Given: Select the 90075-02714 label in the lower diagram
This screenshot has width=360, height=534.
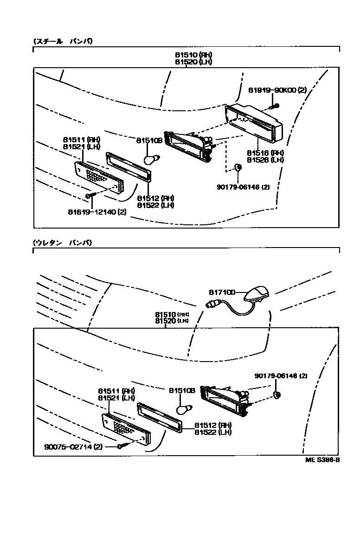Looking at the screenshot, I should coord(73,447).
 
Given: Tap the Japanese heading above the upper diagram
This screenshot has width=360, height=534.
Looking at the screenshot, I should coord(63,41).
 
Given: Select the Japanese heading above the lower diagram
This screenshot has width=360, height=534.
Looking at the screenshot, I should coord(63,242).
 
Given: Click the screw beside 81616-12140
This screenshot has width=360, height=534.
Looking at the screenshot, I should coord(90,196).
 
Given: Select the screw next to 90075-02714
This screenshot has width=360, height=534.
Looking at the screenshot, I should coord(123,446).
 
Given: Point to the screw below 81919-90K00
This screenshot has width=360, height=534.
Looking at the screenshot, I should coord(275,106).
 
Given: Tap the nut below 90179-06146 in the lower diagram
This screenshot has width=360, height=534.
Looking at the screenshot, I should coord(277,395).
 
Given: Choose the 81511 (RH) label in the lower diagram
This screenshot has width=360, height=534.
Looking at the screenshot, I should coord(116,391).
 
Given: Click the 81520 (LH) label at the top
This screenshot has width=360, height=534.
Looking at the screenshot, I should coord(193,62).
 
